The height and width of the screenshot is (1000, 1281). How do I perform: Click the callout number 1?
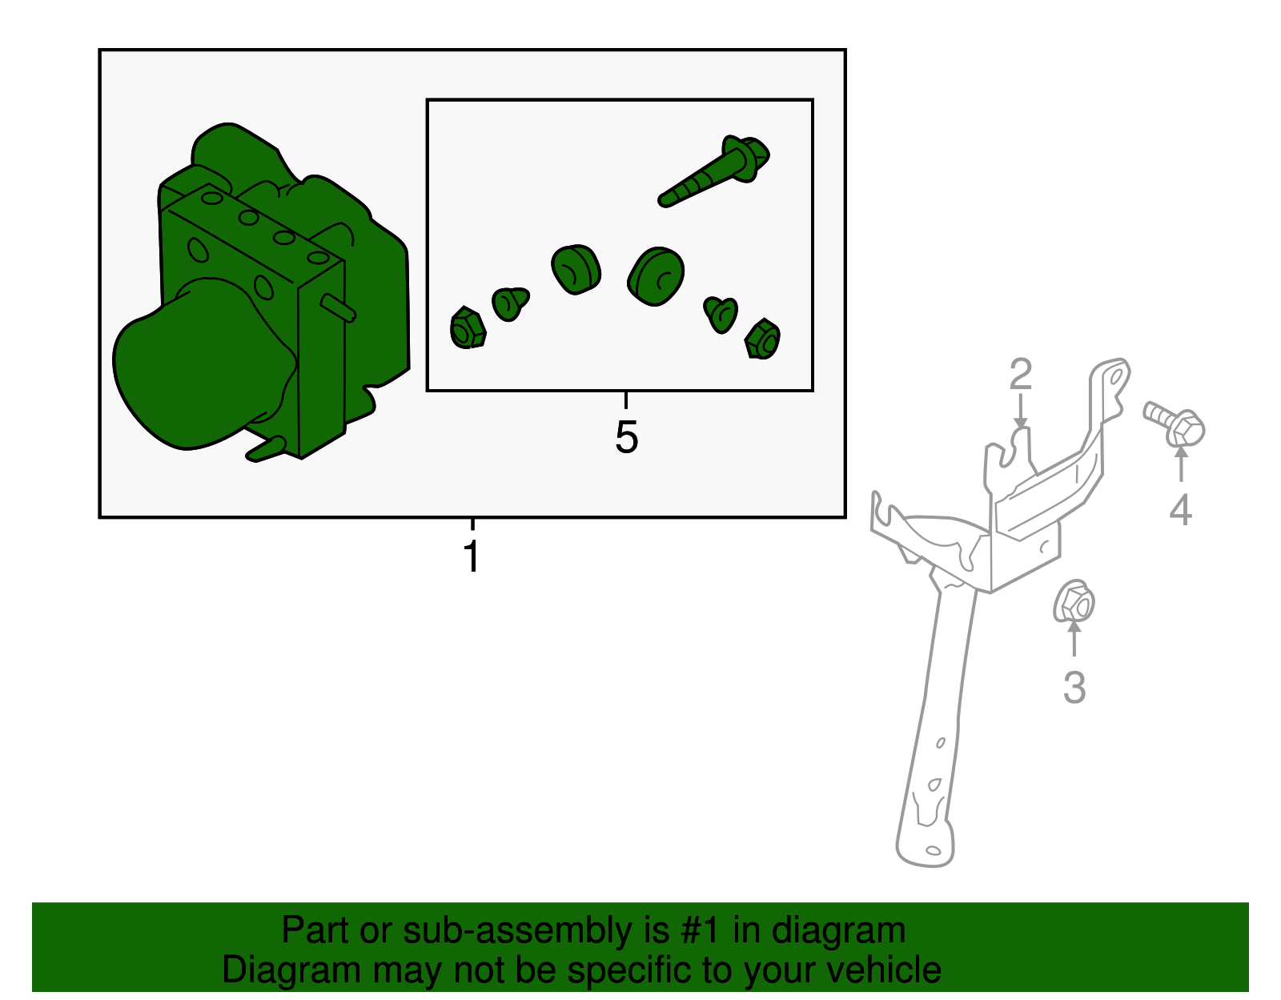(472, 556)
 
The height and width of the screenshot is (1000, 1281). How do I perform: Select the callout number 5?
(626, 437)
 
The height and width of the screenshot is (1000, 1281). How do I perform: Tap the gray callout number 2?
(1021, 374)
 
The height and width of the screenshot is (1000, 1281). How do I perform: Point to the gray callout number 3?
(1074, 687)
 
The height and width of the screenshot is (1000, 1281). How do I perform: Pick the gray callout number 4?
(1180, 510)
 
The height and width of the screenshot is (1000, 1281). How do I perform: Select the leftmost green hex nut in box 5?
(468, 327)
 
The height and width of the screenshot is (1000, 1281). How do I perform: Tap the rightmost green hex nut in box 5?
(762, 339)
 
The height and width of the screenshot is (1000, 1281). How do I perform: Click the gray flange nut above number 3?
(1074, 601)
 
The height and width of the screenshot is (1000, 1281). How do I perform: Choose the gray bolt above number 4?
(1174, 424)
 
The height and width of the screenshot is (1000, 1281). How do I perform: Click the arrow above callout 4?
(1181, 464)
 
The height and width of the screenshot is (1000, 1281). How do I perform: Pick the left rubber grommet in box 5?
(576, 269)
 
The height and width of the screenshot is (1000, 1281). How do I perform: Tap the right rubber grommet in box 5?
(657, 276)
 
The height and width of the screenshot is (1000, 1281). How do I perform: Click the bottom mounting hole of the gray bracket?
(934, 850)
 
